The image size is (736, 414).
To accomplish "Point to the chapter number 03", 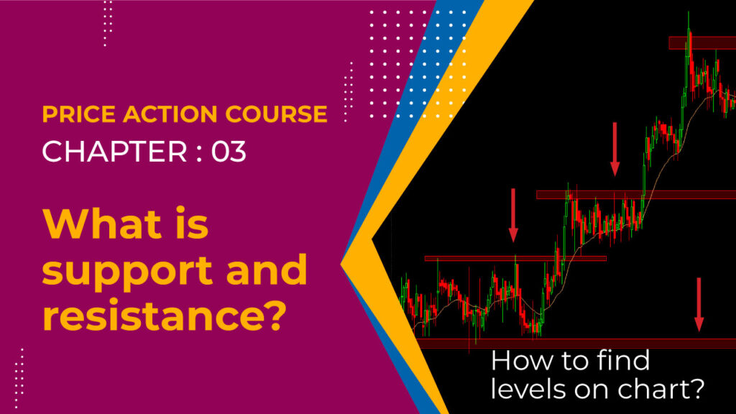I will coord(229,152).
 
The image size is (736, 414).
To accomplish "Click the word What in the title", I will coord(101,226).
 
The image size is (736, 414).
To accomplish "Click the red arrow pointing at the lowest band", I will coord(699,304).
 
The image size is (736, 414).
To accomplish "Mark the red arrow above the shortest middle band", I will coord(513,214).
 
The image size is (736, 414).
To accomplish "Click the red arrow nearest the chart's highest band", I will coord(615,148).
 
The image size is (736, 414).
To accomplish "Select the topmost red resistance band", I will coord(701,43).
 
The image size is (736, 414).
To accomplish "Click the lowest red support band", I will coord(575,343).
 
